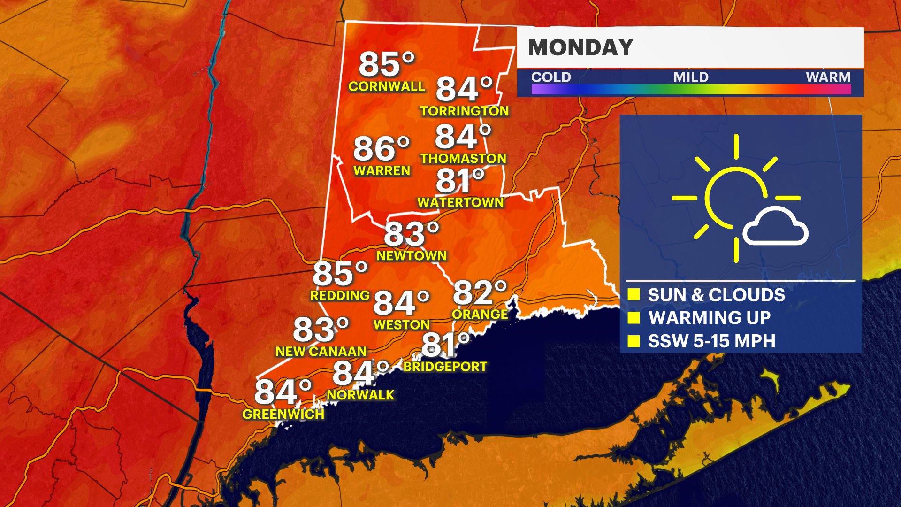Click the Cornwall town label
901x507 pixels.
[386, 86]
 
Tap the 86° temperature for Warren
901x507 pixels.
[381, 149]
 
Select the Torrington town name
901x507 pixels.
[464, 111]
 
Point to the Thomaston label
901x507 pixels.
[463, 159]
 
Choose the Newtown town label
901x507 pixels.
[412, 256]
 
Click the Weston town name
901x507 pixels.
[402, 325]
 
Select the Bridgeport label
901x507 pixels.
[445, 367]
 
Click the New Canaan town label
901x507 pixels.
[321, 352]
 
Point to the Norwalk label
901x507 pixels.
[360, 395]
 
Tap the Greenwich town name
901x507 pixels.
[283, 414]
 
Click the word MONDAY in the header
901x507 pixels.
[580, 47]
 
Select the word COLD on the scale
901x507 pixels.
[551, 77]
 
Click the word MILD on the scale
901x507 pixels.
[691, 77]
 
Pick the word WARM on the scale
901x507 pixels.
[828, 77]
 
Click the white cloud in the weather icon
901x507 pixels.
[775, 228]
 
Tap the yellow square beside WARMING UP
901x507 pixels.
[634, 318]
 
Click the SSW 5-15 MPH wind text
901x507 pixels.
[711, 341]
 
